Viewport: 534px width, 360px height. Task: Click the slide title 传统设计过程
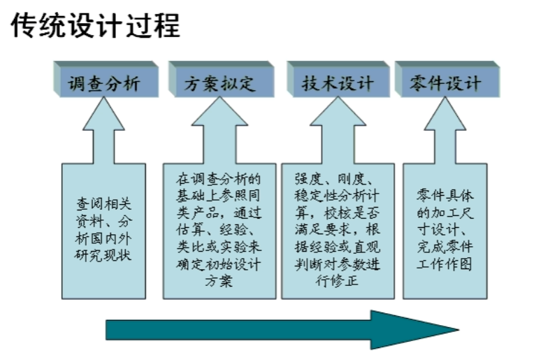click(96, 26)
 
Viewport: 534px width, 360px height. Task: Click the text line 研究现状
click(103, 254)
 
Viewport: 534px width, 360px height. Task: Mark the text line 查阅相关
click(103, 204)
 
